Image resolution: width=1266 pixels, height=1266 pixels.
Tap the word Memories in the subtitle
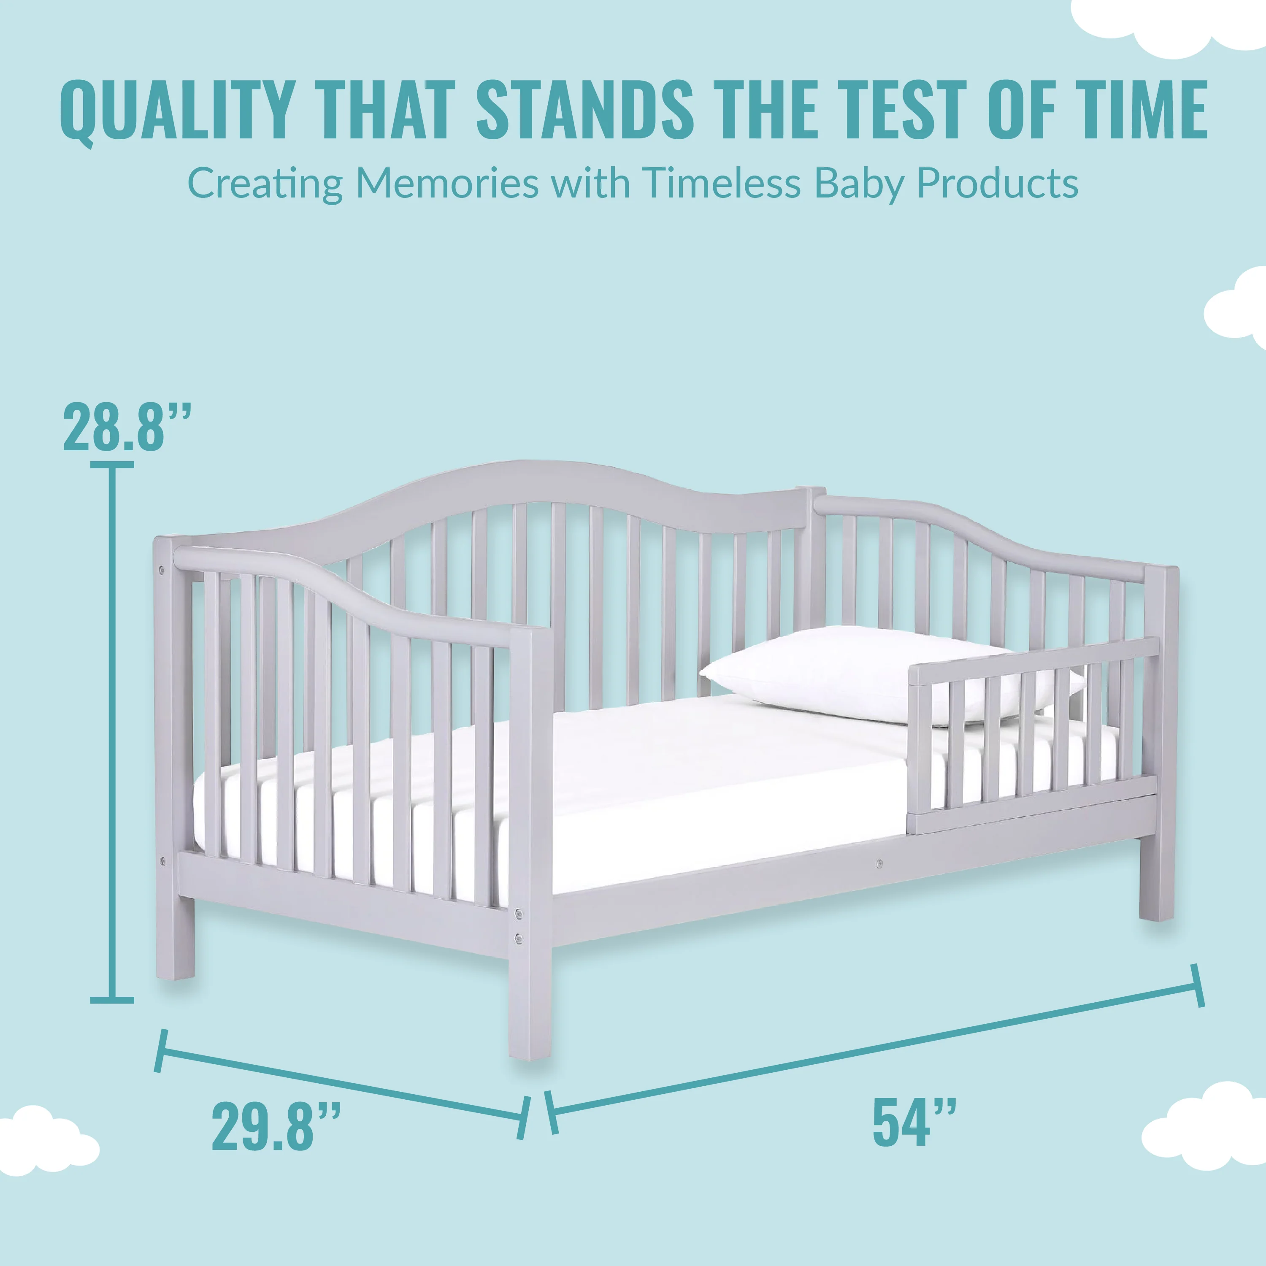click(447, 184)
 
